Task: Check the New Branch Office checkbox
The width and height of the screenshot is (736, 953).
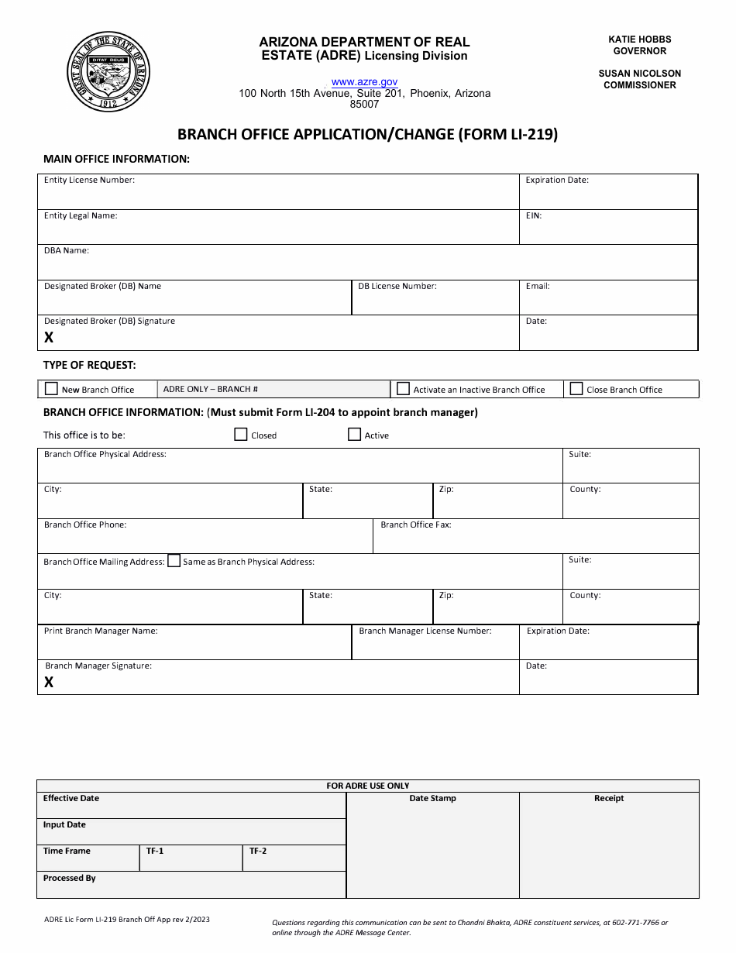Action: (52, 389)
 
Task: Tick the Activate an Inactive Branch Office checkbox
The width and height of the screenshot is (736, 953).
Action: (403, 389)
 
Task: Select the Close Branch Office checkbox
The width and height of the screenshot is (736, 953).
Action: (576, 389)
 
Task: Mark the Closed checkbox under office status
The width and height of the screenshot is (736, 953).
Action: (241, 435)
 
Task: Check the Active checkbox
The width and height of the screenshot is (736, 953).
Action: (354, 435)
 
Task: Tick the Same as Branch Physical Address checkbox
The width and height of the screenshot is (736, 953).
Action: (174, 561)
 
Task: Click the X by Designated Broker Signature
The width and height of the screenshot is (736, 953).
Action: (49, 337)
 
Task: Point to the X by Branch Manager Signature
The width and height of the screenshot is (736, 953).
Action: (49, 682)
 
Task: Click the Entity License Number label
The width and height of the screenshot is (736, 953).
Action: (89, 180)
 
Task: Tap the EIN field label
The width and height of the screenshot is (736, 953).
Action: (533, 215)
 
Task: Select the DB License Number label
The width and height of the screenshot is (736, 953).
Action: (397, 286)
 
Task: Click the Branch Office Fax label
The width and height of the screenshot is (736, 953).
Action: (415, 525)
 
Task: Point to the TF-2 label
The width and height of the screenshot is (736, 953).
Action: (258, 851)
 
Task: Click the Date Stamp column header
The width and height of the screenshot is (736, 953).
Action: (432, 798)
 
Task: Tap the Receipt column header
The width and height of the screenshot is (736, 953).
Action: (608, 798)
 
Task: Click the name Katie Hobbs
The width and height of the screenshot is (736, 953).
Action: (639, 39)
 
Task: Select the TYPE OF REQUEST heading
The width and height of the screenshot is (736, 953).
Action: (89, 365)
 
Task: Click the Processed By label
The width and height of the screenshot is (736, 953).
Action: (69, 878)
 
